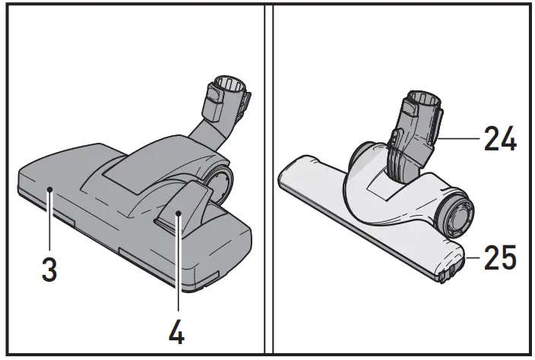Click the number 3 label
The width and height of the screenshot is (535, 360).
click(x=49, y=270)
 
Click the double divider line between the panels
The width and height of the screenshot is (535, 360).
click(x=267, y=180)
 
